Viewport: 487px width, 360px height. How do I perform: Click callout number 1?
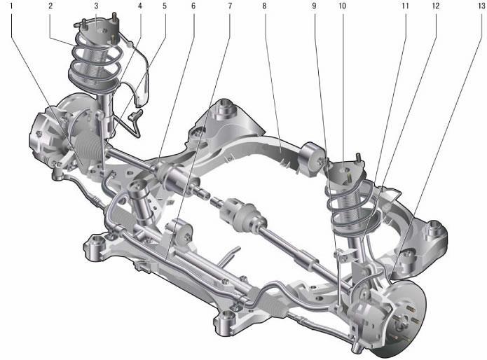(12, 6)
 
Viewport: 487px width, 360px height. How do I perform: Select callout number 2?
(50, 6)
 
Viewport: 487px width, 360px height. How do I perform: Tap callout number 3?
(96, 6)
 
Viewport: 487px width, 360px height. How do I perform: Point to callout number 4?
(140, 6)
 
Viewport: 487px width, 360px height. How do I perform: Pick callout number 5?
(165, 6)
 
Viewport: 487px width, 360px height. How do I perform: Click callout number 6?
(193, 6)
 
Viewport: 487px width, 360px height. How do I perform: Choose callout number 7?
(230, 6)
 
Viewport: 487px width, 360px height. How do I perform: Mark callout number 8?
(264, 6)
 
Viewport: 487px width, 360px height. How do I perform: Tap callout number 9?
(315, 6)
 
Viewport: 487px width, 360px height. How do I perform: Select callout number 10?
(342, 6)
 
